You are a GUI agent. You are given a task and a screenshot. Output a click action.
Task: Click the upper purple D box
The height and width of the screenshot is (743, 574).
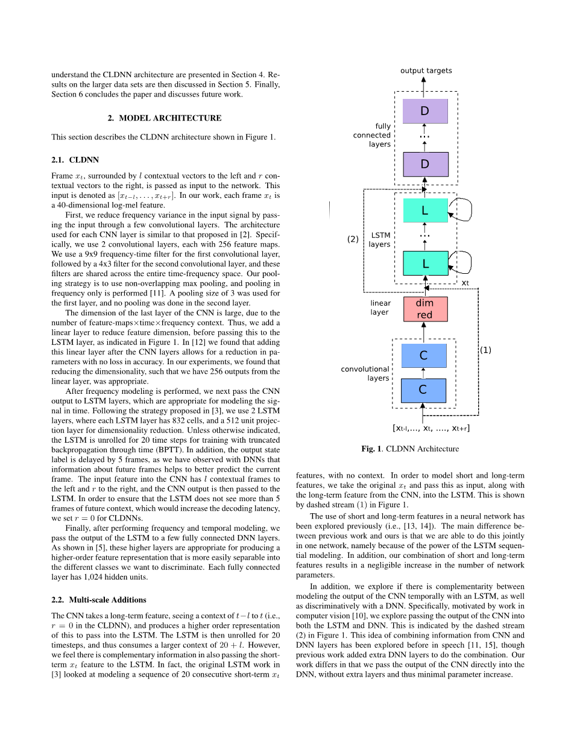[x=425, y=111]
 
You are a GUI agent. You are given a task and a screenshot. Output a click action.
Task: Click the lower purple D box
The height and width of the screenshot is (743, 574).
[x=425, y=164]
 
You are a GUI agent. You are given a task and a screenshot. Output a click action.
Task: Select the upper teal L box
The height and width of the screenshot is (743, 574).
[x=425, y=210]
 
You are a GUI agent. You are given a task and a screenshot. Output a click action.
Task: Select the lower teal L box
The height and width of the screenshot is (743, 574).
[x=425, y=264]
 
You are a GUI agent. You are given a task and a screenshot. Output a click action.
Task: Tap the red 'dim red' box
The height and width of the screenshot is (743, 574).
[x=424, y=309]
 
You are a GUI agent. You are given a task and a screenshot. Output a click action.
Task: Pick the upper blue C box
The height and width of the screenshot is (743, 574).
[x=423, y=355]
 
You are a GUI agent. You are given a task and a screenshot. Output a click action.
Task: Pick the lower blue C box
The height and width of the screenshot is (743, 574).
[x=423, y=390]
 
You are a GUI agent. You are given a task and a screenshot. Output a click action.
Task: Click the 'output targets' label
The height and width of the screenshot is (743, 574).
[x=426, y=71]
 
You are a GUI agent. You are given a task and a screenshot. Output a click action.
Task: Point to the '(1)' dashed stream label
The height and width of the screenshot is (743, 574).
[x=485, y=350]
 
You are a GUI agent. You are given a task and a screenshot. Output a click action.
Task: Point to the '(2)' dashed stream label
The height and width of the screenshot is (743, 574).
[x=353, y=239]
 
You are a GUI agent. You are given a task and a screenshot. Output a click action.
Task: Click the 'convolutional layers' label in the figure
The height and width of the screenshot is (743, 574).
[x=365, y=373]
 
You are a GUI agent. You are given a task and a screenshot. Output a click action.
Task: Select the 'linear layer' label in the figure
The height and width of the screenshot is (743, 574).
[x=380, y=308]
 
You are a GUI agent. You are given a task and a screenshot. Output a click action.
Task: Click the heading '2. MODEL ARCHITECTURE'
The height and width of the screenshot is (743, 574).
[x=165, y=118]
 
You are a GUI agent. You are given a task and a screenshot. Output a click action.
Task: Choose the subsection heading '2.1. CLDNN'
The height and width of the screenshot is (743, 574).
[x=75, y=160]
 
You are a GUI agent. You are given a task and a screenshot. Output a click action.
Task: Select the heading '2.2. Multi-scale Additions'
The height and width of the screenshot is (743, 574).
[x=98, y=599]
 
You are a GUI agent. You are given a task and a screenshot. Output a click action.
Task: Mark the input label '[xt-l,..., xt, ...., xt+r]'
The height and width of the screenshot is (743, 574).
[x=431, y=428]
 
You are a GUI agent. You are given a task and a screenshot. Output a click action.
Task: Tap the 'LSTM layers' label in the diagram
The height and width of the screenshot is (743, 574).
[x=380, y=239]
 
